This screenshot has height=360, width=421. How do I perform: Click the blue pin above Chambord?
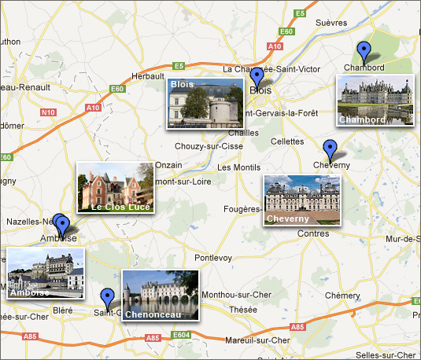point(363,52)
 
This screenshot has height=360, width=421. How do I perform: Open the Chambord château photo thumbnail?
point(375,100)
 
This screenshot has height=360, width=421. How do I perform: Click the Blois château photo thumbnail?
point(204,103)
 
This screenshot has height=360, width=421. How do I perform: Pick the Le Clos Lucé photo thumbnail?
point(115,188)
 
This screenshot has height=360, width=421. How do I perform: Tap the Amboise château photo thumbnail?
point(45,274)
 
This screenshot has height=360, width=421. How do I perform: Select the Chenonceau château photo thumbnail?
point(161,295)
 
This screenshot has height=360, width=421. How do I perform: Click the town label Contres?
point(314,233)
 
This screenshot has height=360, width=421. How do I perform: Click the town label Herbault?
point(147,75)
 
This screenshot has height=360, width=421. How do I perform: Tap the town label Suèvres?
point(331,23)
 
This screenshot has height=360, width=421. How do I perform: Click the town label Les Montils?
point(238,167)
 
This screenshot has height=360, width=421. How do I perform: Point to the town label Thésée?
point(242,310)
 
